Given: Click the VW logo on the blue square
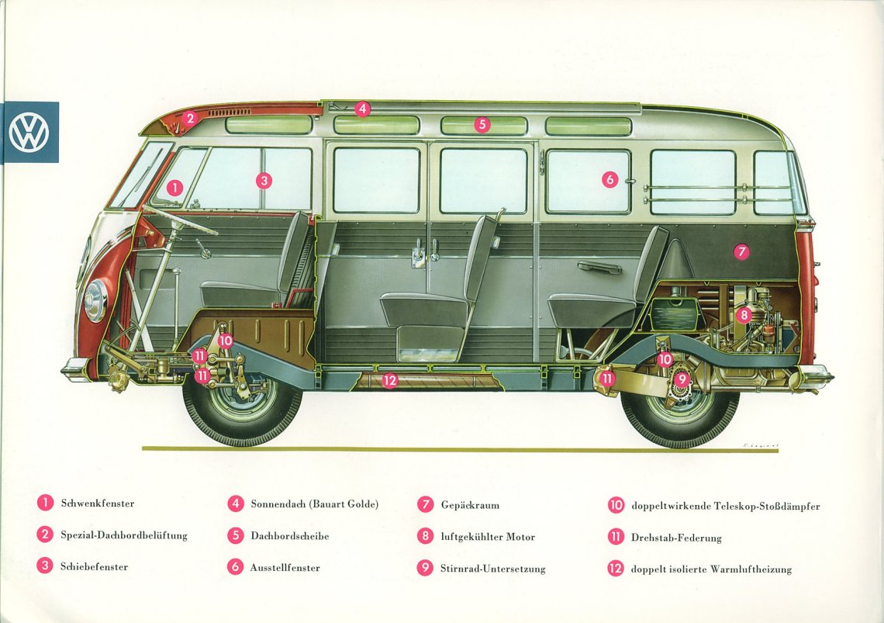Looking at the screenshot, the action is tap(29, 131).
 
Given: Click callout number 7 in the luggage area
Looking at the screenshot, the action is tap(741, 251).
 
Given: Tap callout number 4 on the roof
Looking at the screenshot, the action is tap(362, 109).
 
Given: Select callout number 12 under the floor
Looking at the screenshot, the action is tap(389, 380).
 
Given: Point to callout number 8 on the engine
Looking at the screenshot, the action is tap(744, 315).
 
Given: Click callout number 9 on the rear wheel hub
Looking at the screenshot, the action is tap(682, 379).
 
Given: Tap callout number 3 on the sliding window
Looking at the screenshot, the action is tap(264, 181).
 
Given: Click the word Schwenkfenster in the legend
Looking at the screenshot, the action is tap(98, 504).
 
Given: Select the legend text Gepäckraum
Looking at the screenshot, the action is tap(470, 505).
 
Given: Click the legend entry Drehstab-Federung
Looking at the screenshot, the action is tap(676, 538).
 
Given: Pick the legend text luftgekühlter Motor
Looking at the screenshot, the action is tap(488, 537).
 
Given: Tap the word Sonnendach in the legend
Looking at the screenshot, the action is tap(278, 504).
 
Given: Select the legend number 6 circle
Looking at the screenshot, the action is tap(235, 566).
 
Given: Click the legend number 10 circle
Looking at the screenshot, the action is tap(616, 505).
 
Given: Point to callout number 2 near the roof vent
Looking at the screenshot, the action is tap(191, 118).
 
